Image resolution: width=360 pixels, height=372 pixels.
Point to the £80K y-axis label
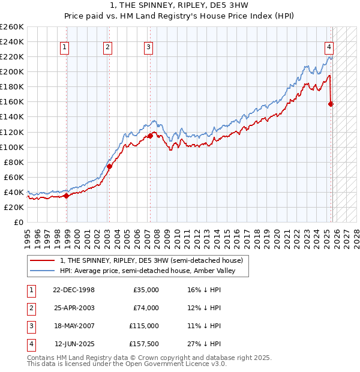(x=13, y=162)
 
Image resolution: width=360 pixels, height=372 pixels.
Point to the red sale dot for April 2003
(x=109, y=166)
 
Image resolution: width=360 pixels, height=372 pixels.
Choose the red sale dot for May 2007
(x=150, y=136)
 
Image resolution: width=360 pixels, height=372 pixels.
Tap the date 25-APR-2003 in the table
(x=74, y=308)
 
